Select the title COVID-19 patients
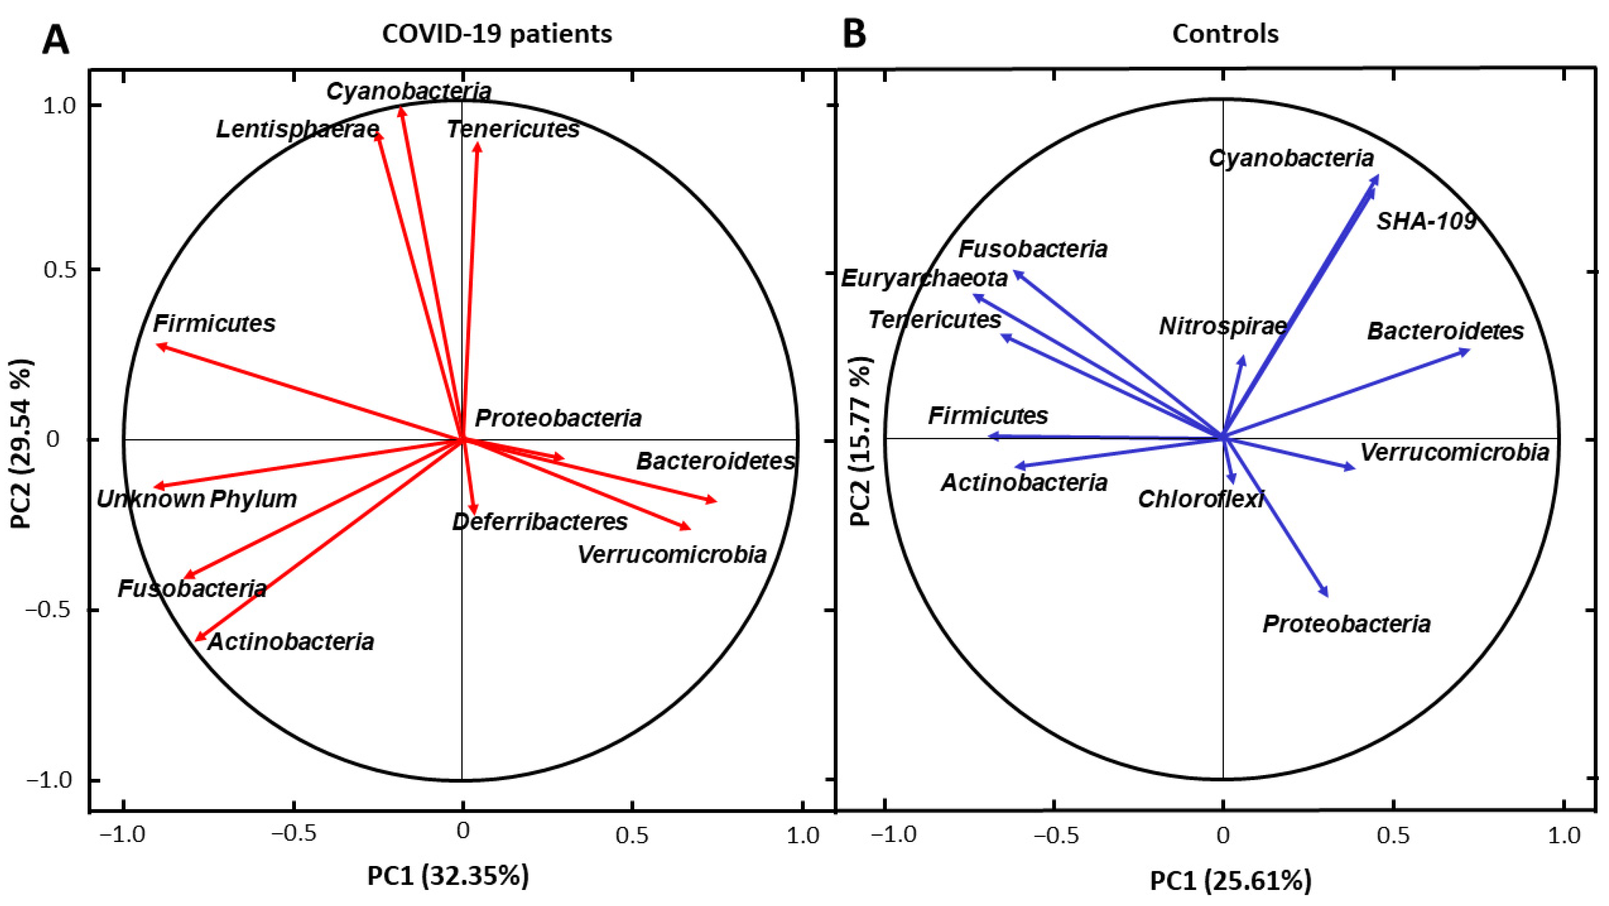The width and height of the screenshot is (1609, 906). click(497, 34)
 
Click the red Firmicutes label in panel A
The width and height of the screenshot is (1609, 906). click(213, 324)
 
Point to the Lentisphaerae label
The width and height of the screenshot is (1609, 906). click(297, 129)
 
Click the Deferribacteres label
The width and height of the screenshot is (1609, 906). click(540, 522)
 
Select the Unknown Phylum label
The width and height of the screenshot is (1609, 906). click(196, 499)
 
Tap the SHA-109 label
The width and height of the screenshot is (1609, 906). click(1426, 221)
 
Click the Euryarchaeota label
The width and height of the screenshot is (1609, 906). click(924, 278)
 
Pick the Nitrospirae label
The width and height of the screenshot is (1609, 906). click(1222, 326)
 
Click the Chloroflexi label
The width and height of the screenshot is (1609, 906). click(1200, 499)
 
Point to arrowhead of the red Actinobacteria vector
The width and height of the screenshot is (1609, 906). click(197, 639)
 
